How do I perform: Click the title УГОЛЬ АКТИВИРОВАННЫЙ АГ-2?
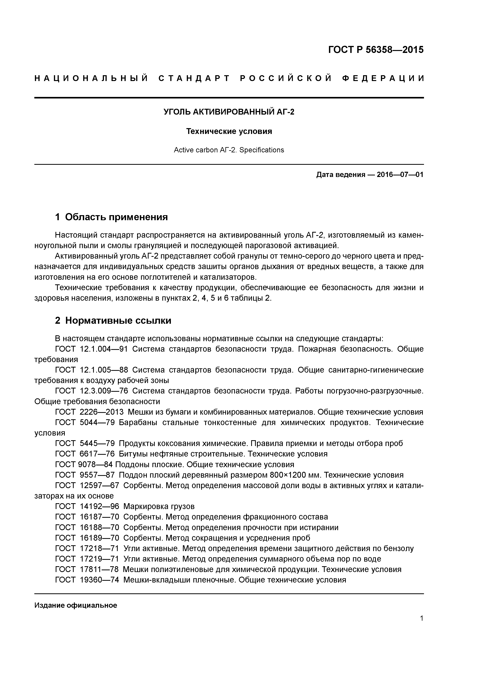point(229,112)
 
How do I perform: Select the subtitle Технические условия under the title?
point(229,131)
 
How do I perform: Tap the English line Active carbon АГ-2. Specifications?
point(229,150)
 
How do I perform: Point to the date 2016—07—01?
point(400,175)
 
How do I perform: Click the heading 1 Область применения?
point(112,217)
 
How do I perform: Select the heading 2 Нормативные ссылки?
point(113,321)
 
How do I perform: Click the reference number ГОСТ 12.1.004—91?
point(91,349)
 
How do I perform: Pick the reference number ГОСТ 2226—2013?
point(89,412)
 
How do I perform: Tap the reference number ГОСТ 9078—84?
point(84,464)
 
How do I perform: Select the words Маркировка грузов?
point(159,507)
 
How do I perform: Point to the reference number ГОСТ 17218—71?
point(87,549)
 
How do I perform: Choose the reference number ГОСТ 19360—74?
point(87,580)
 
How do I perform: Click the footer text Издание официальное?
point(76,605)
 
